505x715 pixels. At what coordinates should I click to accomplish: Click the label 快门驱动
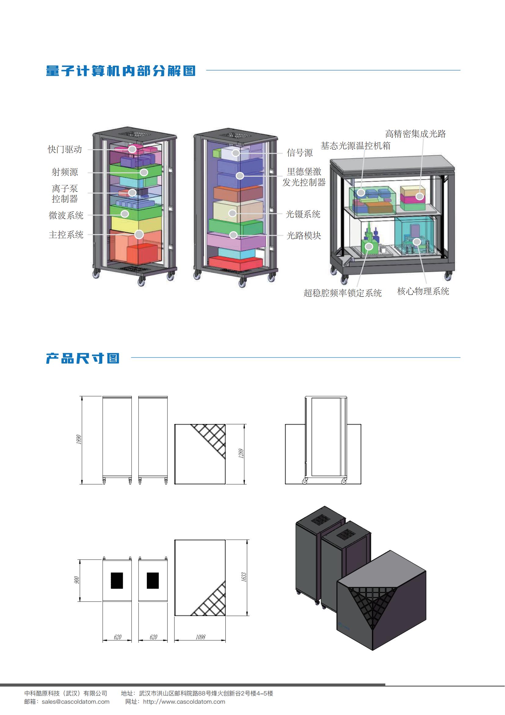65,149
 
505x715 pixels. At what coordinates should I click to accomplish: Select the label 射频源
65,172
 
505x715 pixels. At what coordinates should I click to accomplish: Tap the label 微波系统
66,215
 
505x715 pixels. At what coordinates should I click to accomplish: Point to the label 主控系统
66,234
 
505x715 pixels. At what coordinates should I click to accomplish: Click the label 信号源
300,153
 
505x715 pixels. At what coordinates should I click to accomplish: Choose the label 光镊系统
303,214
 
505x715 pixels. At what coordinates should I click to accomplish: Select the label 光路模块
304,235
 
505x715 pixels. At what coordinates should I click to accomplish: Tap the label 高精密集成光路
416,134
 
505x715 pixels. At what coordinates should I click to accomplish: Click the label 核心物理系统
423,291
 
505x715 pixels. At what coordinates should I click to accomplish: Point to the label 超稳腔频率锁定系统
343,293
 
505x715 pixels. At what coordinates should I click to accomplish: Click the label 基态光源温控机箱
355,146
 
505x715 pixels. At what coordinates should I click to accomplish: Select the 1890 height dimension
79,440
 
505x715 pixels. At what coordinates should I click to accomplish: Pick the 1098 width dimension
201,637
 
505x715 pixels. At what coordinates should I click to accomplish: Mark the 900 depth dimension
77,580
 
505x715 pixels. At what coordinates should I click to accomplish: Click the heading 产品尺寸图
83,358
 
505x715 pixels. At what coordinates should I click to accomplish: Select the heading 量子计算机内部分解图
121,71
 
